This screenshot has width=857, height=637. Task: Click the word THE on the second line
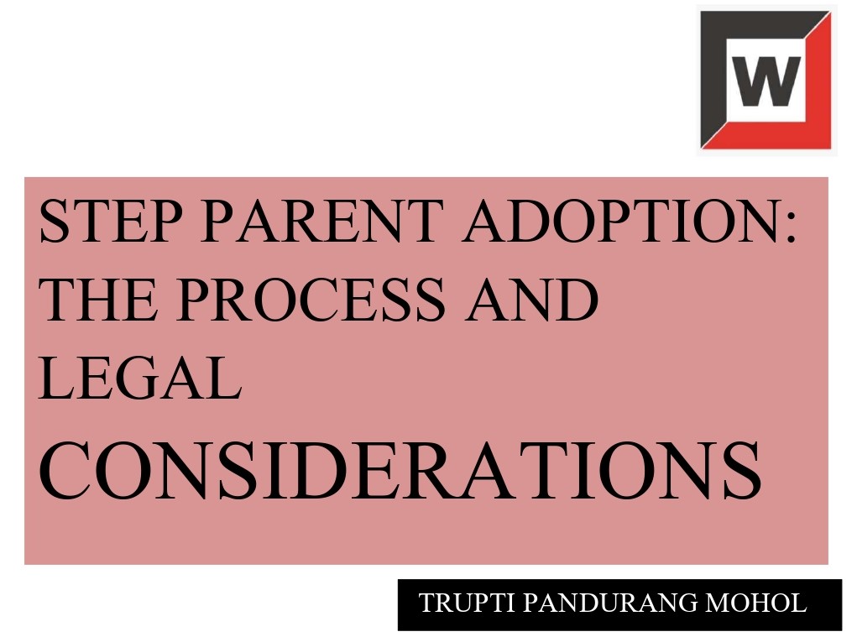[x=99, y=300]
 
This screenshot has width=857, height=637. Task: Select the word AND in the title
[x=532, y=300]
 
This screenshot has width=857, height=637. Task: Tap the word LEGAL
[x=140, y=378]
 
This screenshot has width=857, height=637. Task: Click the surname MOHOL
[x=756, y=603]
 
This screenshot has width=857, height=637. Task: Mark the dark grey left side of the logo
[x=713, y=76]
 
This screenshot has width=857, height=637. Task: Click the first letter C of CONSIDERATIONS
[x=65, y=470]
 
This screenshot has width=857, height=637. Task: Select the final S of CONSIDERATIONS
[x=742, y=470]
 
